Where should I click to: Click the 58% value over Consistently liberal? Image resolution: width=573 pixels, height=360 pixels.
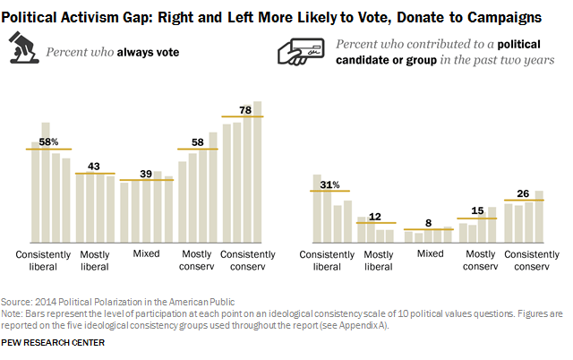tap(50, 141)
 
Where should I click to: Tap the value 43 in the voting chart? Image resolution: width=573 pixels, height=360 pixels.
tap(93, 166)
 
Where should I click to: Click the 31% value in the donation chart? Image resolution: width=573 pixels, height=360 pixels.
tap(329, 184)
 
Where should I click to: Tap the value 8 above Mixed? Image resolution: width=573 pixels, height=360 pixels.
tap(428, 223)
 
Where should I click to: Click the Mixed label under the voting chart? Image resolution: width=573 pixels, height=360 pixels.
tap(146, 254)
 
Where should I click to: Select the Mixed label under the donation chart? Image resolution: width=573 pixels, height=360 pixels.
tap(430, 254)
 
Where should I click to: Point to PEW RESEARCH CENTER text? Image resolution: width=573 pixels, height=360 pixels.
tap(53, 342)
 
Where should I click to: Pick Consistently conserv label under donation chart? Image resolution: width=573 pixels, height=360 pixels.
tap(526, 260)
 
